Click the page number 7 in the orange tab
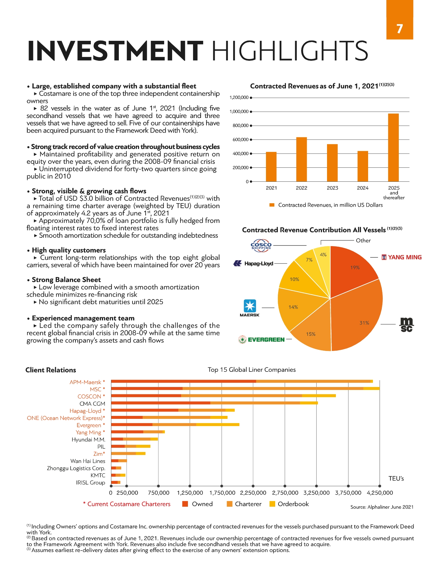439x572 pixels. pyautogui.click(x=399, y=29)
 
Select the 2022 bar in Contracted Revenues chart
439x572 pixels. pyautogui.click(x=301, y=159)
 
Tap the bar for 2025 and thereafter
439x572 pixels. pyautogui.click(x=393, y=147)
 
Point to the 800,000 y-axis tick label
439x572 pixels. pyautogui.click(x=240, y=126)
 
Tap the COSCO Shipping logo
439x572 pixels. pyautogui.click(x=261, y=245)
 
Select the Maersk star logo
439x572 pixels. pyautogui.click(x=250, y=306)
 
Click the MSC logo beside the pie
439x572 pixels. pyautogui.click(x=407, y=324)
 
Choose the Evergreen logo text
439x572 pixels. pyautogui.click(x=266, y=340)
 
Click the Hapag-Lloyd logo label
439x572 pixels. pyautogui.click(x=259, y=264)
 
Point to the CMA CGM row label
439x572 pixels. pyautogui.click(x=92, y=404)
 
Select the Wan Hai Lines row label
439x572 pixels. pyautogui.click(x=88, y=461)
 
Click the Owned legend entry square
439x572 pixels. pyautogui.click(x=185, y=504)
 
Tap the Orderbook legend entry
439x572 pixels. pyautogui.click(x=293, y=504)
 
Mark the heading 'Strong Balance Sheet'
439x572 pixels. pyautogui.click(x=66, y=280)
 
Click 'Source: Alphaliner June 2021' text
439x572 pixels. pyautogui.click(x=382, y=507)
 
